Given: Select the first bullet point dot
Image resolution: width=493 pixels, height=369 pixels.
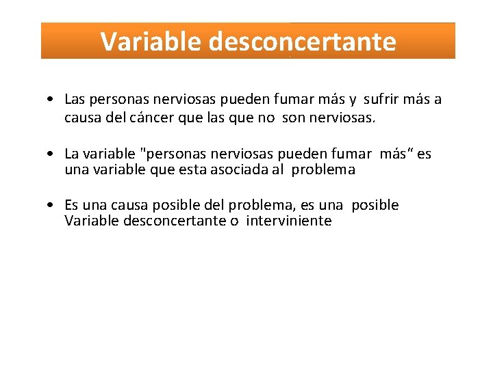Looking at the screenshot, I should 52,100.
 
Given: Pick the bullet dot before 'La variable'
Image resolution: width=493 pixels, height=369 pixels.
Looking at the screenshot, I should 52,154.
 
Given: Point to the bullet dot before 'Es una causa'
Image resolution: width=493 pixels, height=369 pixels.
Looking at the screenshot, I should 52,206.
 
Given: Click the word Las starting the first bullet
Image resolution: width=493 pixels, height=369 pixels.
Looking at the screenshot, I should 75,100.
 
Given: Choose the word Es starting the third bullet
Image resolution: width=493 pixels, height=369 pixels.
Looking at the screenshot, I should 72,206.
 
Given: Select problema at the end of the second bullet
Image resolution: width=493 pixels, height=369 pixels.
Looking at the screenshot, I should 323,170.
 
